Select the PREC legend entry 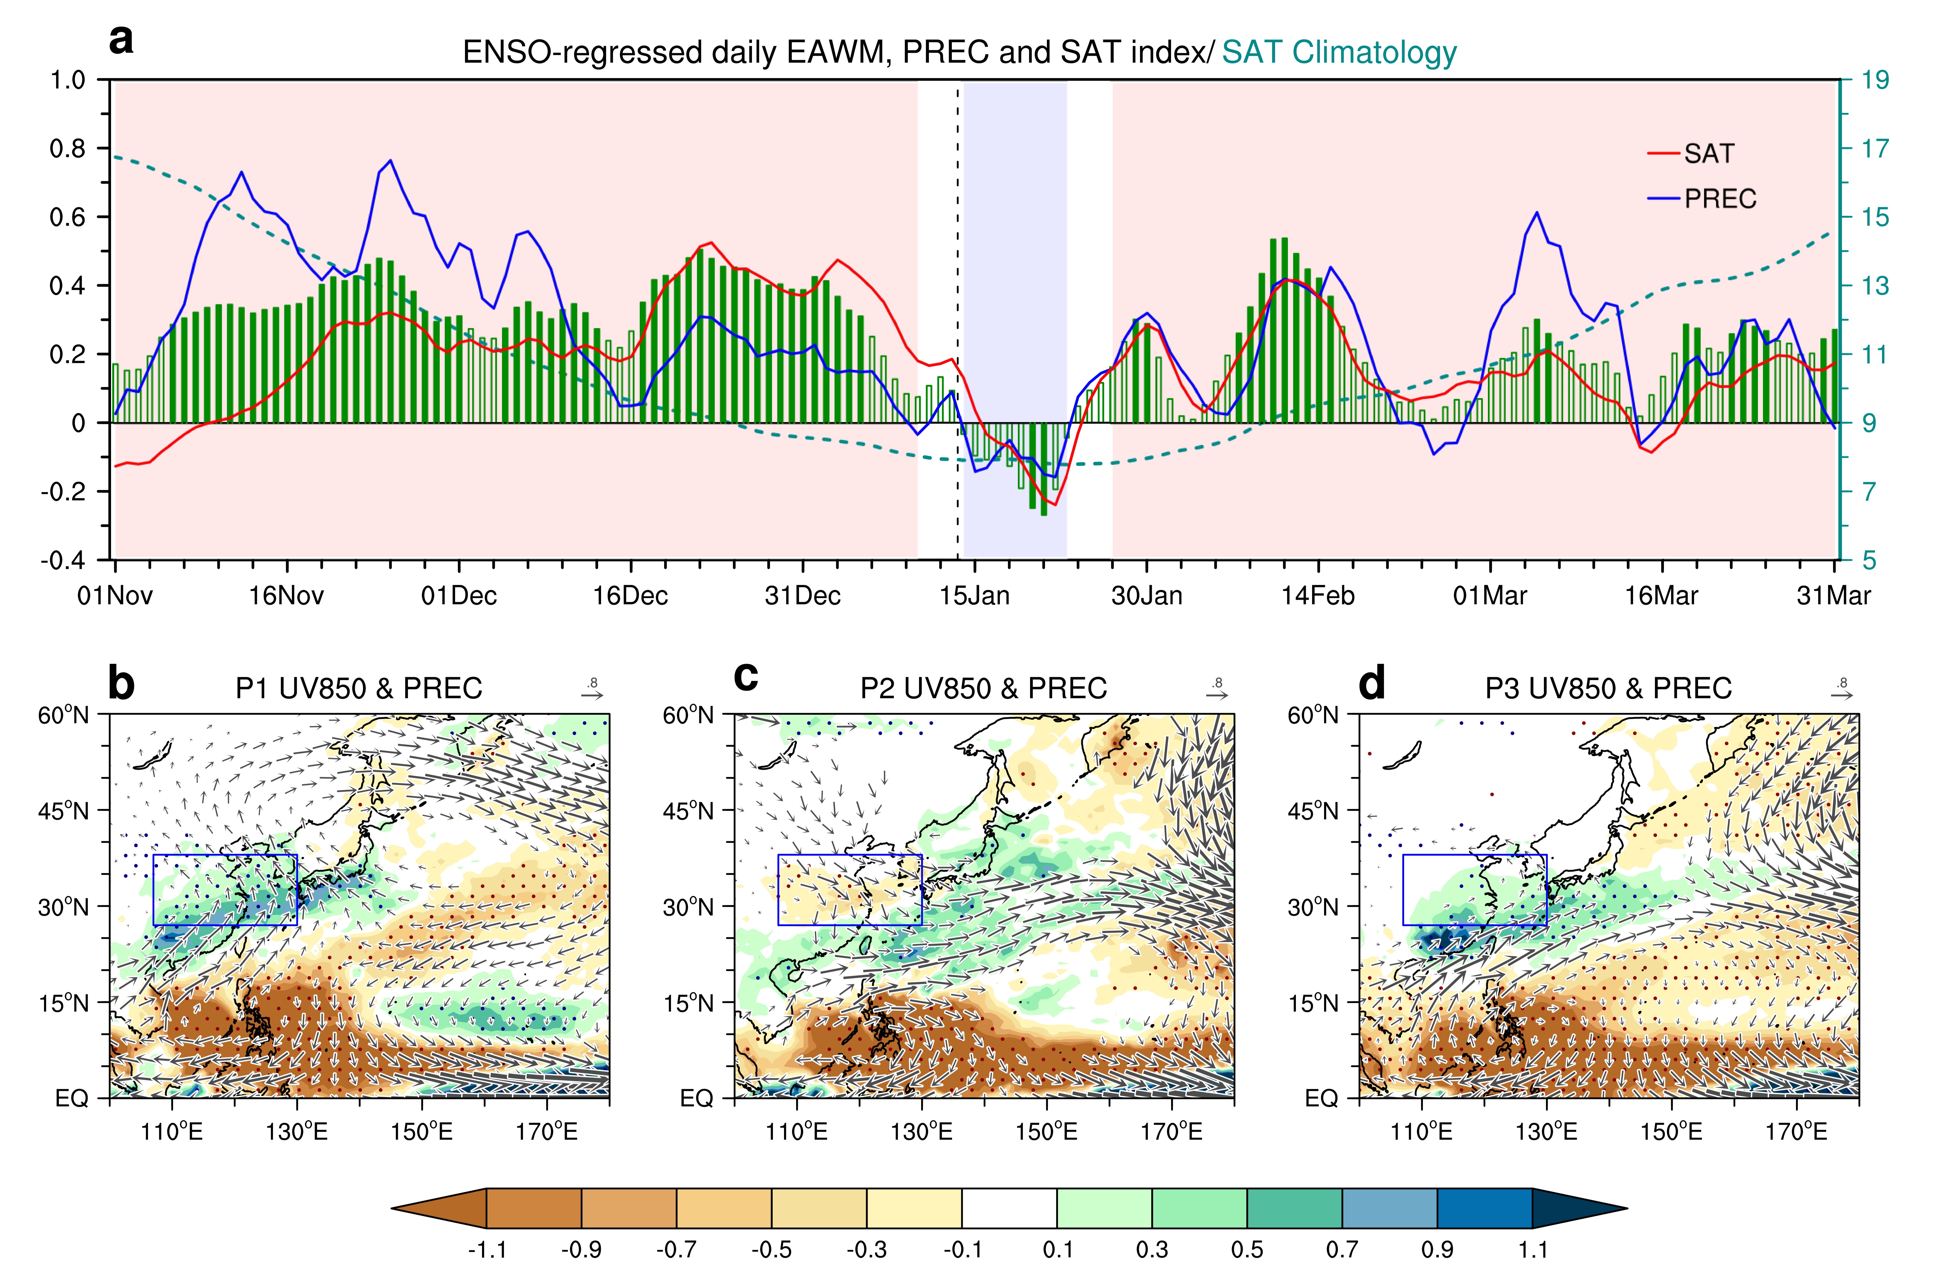(x=1702, y=198)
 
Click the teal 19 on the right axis (x=1875, y=80)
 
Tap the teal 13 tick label (x=1875, y=286)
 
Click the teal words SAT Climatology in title (x=1339, y=52)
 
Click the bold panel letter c (x=746, y=677)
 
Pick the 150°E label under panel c (x=1047, y=1132)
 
